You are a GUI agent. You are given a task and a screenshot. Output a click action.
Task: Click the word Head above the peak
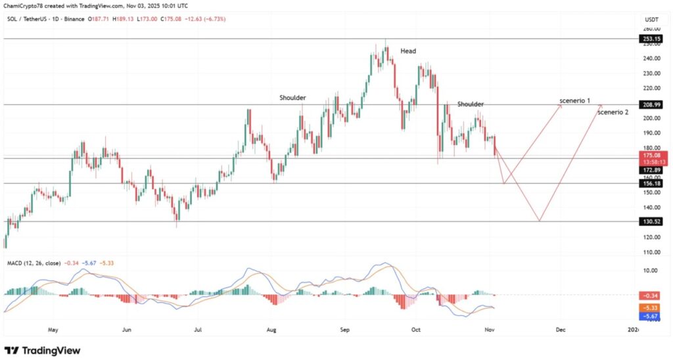click(408, 51)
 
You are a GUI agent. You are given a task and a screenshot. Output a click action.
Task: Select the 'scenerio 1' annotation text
click(574, 101)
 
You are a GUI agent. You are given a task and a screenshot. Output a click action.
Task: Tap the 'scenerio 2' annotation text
click(613, 112)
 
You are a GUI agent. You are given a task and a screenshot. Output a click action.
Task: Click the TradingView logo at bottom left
click(42, 350)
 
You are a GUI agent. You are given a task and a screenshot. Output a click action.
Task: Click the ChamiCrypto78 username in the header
click(26, 5)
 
